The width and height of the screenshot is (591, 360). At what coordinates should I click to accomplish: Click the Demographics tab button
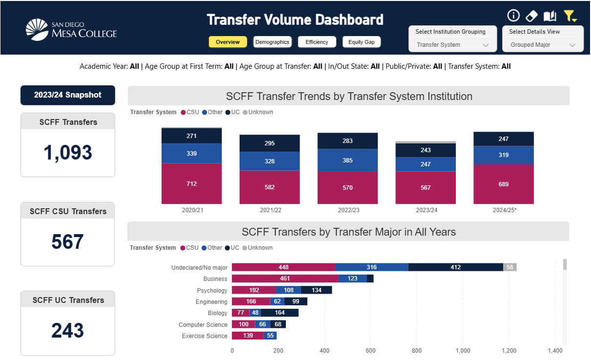point(272,42)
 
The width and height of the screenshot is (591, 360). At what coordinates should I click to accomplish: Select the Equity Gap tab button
point(361,42)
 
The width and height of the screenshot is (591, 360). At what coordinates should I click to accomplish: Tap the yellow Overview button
point(227,42)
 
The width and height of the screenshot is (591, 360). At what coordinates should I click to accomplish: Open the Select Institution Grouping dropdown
point(452,45)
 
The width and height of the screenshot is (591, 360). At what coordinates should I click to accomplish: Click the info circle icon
point(513,16)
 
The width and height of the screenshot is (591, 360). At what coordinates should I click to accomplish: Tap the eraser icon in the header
point(531,16)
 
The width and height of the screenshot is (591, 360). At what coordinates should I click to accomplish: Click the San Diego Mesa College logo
point(71,29)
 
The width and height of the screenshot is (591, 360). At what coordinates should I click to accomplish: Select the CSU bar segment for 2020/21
point(191,183)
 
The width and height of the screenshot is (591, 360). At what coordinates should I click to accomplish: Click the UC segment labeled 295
point(269,143)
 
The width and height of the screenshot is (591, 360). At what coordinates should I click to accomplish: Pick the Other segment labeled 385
point(347,160)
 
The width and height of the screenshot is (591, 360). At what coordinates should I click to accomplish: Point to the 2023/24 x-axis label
point(426,210)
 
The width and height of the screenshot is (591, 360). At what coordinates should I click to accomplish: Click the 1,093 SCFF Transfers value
point(67,153)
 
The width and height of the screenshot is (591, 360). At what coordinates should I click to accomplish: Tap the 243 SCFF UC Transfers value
point(67,331)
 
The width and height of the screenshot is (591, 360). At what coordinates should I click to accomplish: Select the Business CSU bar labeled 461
point(285,279)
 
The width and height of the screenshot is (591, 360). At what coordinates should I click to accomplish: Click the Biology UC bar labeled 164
point(280,313)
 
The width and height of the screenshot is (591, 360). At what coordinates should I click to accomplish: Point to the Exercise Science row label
point(204,336)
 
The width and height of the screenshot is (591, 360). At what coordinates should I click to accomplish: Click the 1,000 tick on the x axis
point(463,350)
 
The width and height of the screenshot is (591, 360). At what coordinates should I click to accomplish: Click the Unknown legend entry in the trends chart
point(260,112)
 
